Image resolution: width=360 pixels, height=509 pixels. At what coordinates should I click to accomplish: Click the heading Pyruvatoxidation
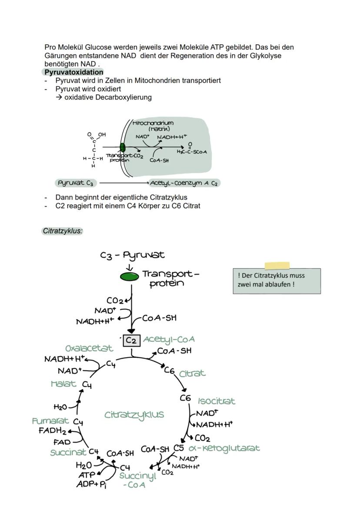click(74, 72)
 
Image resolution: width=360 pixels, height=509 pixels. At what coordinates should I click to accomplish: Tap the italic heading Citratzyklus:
click(63, 231)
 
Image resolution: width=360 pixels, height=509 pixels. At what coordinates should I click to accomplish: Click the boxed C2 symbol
click(131, 341)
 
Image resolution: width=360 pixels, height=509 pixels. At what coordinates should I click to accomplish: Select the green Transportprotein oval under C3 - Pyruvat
click(130, 276)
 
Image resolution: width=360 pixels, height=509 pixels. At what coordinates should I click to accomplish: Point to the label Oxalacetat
click(89, 349)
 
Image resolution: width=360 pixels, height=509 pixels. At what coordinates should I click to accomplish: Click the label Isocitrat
click(217, 401)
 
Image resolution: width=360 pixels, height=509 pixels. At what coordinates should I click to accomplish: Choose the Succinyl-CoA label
click(137, 480)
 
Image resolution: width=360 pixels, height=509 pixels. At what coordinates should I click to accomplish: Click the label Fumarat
click(50, 421)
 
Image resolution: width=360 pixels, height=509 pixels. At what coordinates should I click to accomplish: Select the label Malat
click(63, 384)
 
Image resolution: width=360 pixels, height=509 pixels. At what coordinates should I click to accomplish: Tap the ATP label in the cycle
click(86, 475)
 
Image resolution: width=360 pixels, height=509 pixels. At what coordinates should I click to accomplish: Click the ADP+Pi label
click(91, 484)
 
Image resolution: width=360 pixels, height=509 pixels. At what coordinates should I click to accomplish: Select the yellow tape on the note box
click(277, 266)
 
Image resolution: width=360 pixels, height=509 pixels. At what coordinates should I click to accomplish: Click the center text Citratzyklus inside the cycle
click(134, 415)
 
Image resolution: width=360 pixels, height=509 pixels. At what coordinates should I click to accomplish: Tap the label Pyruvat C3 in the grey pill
click(76, 183)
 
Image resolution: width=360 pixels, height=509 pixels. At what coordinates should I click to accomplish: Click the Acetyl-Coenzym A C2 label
click(183, 183)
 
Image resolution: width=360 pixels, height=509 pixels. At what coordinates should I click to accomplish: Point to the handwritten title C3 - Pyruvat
click(132, 255)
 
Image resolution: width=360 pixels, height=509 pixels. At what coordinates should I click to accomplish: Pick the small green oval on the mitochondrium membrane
click(122, 147)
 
